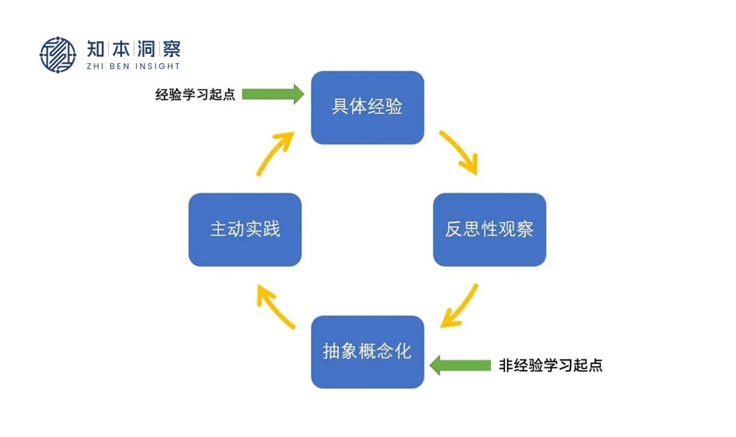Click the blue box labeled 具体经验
367,108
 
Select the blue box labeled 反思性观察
489,230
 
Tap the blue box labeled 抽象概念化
367,352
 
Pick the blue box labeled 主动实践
245,230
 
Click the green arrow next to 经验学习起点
272,94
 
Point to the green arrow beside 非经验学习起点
460,365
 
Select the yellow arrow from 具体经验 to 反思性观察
458,152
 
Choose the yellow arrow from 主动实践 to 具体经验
275,153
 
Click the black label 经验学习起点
195,95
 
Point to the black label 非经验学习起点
550,366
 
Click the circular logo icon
58,55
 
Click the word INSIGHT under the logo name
157,66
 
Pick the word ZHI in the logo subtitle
95,66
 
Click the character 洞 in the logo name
146,49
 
